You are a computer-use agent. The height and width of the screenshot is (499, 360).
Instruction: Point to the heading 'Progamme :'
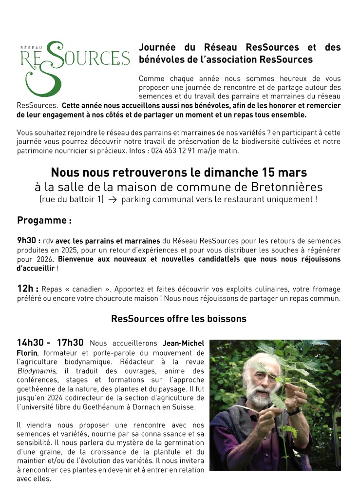point(44,220)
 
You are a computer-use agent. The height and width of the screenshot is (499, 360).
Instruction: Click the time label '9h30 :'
point(28,241)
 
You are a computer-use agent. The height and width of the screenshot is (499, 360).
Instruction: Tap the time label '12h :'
point(27,289)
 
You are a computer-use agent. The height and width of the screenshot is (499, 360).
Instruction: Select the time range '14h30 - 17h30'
point(50,343)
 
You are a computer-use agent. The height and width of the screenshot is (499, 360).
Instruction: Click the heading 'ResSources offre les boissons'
point(179,319)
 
